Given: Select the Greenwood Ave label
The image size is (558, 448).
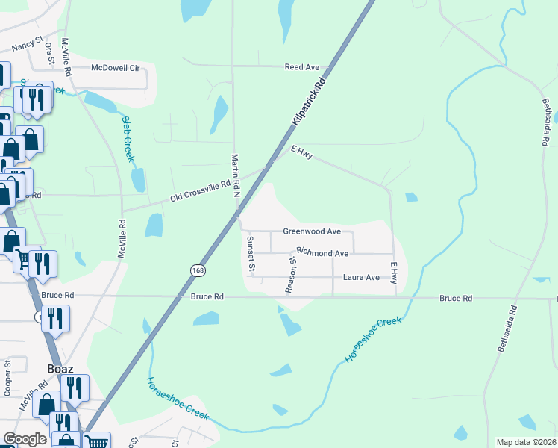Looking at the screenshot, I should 312,232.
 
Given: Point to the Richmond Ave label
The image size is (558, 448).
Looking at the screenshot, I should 322,254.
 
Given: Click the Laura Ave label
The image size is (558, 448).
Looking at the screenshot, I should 361,278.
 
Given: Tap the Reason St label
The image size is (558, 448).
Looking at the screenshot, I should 292,274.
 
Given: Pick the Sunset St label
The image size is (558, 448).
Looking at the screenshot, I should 251,254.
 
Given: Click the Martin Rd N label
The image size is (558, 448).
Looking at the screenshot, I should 235,175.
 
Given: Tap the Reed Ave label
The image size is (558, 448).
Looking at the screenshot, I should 302,67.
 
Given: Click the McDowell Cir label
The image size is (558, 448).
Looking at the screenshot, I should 116,68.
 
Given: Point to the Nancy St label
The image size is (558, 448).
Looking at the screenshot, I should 28,46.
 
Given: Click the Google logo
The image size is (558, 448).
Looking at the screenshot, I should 25,439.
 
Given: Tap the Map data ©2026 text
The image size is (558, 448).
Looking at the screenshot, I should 525,442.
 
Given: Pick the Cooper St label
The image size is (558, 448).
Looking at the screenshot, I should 7,378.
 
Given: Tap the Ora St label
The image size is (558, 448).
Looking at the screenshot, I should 49,53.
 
